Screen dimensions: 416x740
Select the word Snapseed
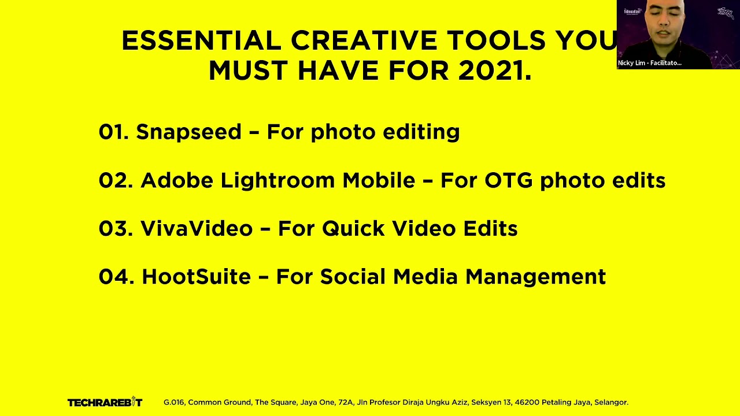(x=188, y=132)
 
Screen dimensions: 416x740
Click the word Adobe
(x=177, y=180)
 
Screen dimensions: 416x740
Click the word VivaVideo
(x=197, y=229)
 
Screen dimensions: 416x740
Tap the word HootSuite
(x=196, y=277)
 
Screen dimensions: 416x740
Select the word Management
(x=535, y=277)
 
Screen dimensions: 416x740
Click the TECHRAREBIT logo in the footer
(x=105, y=402)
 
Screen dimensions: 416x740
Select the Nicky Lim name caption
(x=649, y=63)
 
